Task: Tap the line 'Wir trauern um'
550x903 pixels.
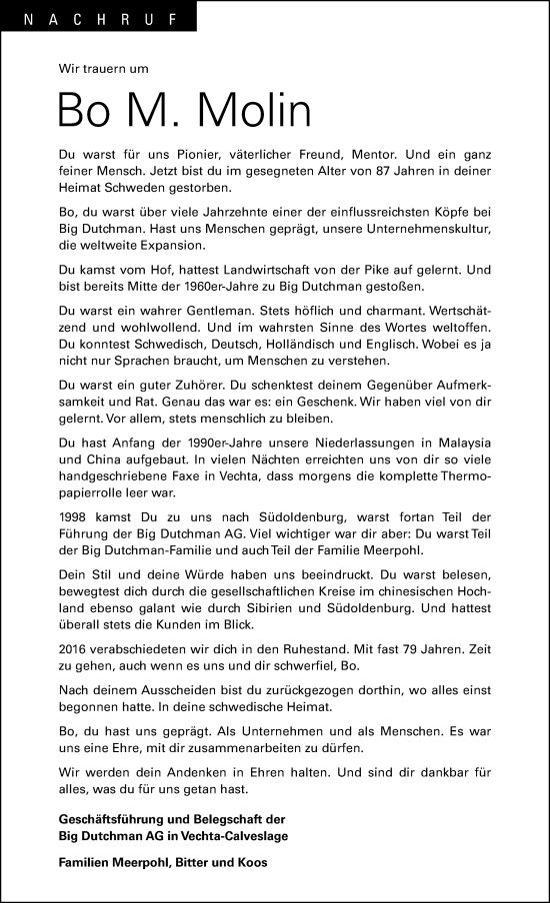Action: pyautogui.click(x=104, y=68)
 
